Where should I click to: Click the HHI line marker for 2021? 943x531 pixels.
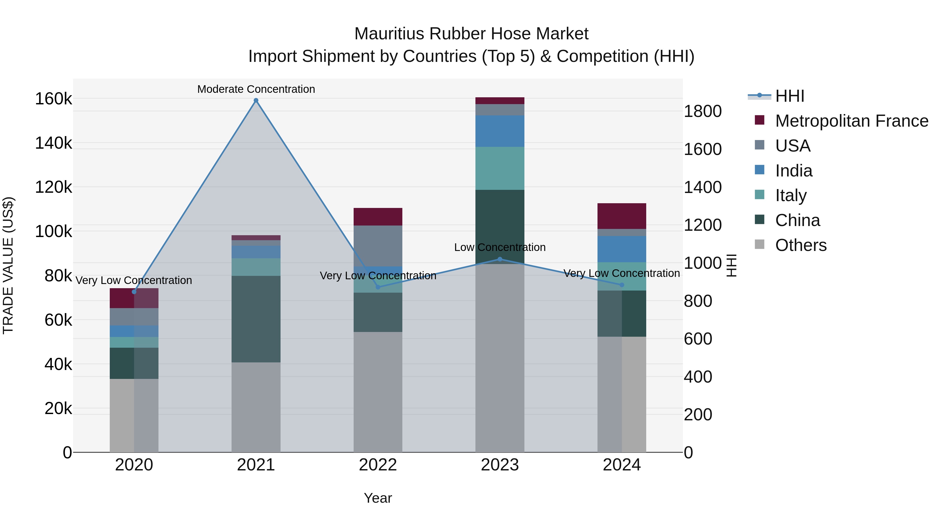coord(256,100)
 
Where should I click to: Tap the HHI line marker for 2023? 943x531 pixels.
coord(500,259)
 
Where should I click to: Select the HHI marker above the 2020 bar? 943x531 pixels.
coord(134,292)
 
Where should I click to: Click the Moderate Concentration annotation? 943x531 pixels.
coord(256,89)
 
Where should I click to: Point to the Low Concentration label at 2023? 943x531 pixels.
coord(500,247)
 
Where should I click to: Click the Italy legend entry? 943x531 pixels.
coord(791,195)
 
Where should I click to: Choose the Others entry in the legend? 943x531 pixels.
coord(801,245)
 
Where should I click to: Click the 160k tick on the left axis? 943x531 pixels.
coord(53,99)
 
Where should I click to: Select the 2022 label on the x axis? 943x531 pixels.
coord(378,465)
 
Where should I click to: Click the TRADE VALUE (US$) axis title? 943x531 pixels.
coord(8,265)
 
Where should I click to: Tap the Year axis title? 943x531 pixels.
coord(378,498)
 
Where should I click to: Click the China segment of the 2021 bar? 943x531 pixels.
coord(256,319)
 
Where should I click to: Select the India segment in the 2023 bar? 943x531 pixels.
coord(500,131)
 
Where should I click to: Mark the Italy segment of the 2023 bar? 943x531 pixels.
coord(500,168)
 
